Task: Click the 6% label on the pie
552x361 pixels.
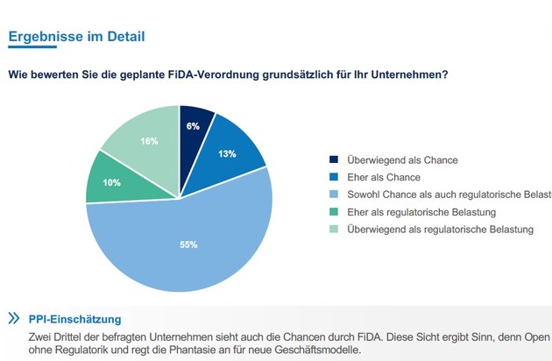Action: pos(193,126)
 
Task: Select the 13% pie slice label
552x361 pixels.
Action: pos(227,154)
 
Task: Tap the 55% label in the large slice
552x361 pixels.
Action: pos(188,244)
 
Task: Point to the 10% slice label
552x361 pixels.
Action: pos(111,182)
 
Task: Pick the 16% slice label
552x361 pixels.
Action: pos(149,141)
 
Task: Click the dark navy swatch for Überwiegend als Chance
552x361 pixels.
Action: pos(333,160)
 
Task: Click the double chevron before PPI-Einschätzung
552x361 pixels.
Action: pos(14,318)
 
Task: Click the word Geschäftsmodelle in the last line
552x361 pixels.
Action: pos(315,350)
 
